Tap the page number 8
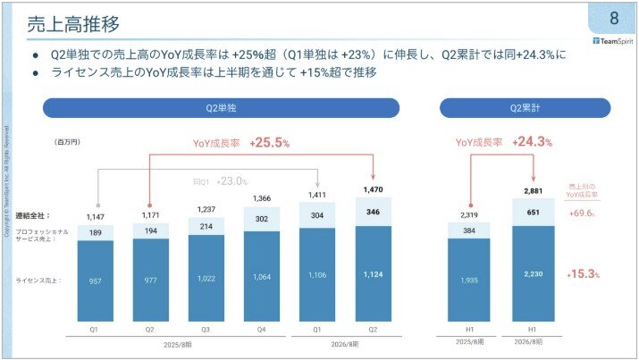[x=614, y=19]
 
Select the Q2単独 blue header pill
[x=221, y=107]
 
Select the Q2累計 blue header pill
[x=526, y=107]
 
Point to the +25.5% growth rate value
[x=275, y=142]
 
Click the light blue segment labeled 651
[x=533, y=213]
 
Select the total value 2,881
[x=533, y=190]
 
